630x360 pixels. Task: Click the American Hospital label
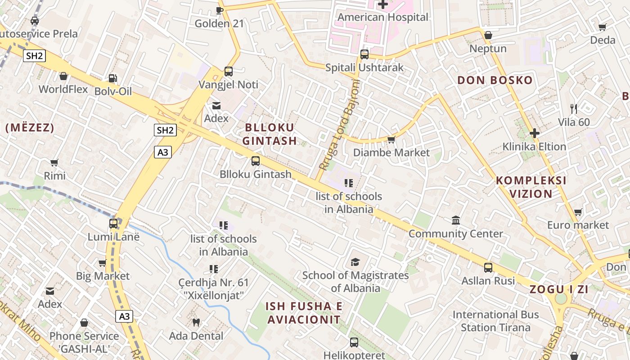click(x=383, y=18)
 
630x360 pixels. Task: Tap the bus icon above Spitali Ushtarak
click(x=364, y=54)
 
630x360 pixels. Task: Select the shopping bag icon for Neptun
click(x=488, y=35)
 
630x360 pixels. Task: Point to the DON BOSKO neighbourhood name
click(x=495, y=81)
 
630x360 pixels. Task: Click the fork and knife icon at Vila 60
click(x=573, y=108)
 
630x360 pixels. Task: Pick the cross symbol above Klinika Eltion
click(x=535, y=133)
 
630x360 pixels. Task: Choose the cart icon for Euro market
click(x=578, y=212)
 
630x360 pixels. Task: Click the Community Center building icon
click(x=456, y=220)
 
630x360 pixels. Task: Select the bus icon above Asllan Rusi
click(x=488, y=268)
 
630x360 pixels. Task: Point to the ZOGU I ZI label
click(x=559, y=289)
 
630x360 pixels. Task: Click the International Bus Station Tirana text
click(x=495, y=321)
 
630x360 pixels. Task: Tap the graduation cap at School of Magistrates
click(x=355, y=262)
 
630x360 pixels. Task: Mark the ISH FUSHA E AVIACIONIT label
click(x=304, y=313)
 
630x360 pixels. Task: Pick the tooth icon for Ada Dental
click(x=196, y=322)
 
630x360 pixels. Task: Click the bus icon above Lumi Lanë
click(x=113, y=223)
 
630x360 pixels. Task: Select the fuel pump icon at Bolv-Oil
click(x=113, y=78)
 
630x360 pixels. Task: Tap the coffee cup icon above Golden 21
click(x=220, y=10)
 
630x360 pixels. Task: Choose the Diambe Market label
click(x=391, y=153)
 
